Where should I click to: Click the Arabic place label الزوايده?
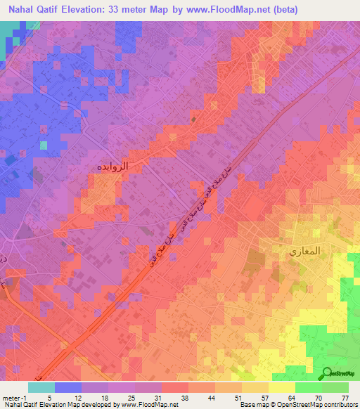point(110,167)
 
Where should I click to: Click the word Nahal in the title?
point(19,10)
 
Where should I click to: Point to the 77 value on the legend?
point(344,397)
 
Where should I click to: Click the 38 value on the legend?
point(184,397)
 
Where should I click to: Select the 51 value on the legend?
point(237,397)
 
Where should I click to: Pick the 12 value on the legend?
point(77,397)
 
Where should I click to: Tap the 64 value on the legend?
point(290,397)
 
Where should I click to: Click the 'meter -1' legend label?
point(15,397)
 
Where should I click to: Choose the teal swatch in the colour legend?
point(41,387)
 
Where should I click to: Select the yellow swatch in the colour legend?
point(282,387)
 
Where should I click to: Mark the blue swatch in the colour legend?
point(68,387)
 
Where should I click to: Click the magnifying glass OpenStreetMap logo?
point(328,373)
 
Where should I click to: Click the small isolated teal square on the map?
point(44,145)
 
